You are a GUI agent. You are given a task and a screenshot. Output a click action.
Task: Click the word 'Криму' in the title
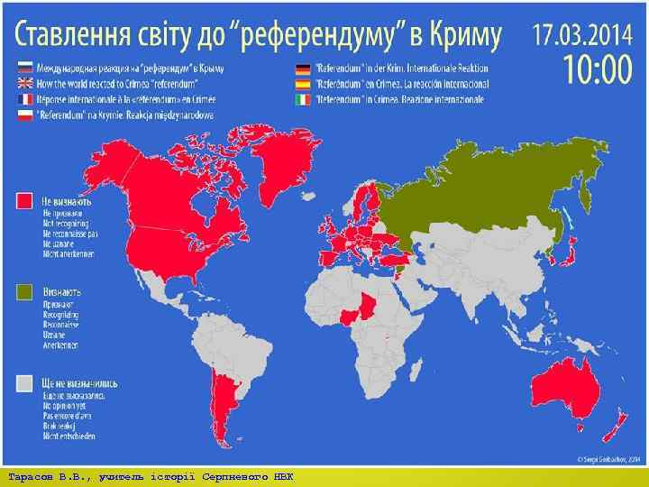(458, 35)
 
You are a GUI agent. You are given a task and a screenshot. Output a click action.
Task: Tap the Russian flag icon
(23, 68)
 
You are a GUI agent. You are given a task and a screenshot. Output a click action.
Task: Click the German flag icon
(300, 68)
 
